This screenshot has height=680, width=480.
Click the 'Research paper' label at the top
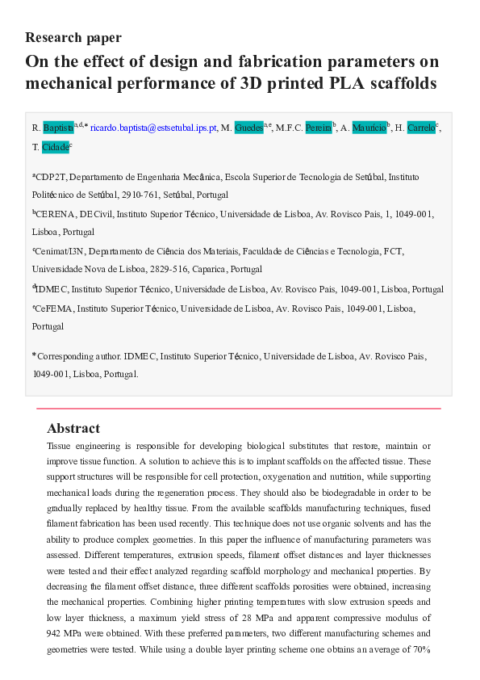pos(73,37)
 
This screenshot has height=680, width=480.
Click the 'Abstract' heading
pos(73,428)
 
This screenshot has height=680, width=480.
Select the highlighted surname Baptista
pos(58,128)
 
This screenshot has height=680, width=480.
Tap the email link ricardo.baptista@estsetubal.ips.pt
pos(153,128)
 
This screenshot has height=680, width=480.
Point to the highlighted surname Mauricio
pos(369,128)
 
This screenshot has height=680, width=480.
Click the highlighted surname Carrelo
pos(420,128)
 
